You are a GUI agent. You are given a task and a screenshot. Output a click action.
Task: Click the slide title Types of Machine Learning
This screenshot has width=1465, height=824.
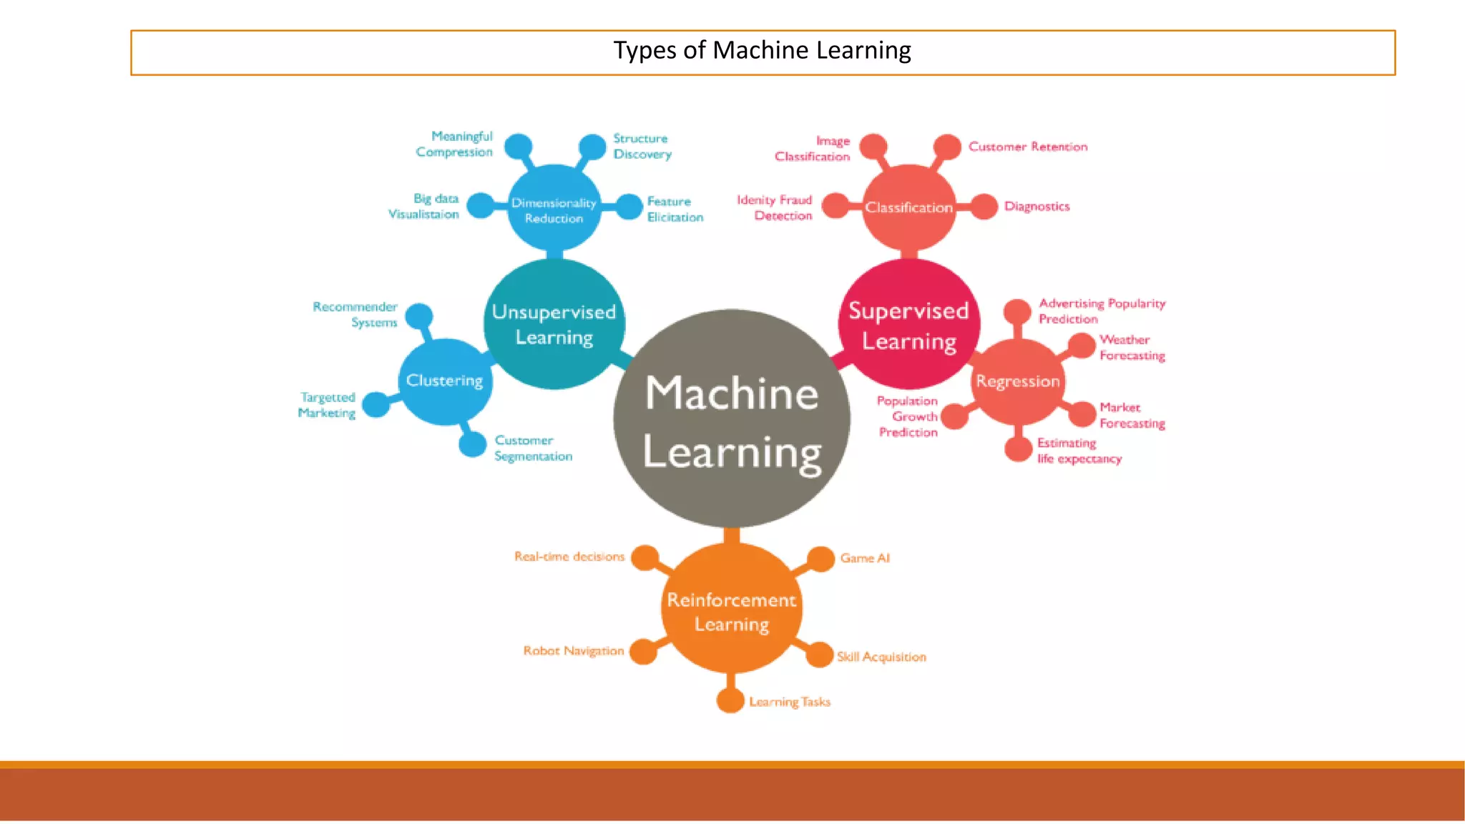tap(762, 51)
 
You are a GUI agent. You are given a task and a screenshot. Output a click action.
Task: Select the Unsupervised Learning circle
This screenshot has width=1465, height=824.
tap(554, 325)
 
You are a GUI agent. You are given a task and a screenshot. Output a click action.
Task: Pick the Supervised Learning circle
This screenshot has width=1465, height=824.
tap(908, 325)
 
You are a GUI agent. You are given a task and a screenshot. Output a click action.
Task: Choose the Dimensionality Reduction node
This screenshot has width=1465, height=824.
tap(554, 210)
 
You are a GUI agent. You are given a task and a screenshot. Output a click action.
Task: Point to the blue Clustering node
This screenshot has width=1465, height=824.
tap(444, 381)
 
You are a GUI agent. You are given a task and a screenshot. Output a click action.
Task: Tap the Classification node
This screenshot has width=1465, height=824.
tap(908, 207)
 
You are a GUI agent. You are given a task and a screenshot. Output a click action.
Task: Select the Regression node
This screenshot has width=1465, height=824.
tap(1017, 381)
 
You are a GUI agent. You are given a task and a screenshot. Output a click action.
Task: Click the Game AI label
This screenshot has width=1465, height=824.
tap(865, 558)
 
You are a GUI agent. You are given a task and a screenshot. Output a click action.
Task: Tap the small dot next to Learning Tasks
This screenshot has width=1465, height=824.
tap(730, 701)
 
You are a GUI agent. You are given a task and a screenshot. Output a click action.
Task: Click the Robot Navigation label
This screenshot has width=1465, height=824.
tap(573, 651)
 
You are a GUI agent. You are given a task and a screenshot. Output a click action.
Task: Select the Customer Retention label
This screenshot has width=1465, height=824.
tap(1027, 147)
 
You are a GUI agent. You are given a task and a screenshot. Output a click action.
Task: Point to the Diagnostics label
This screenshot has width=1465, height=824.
tap(1037, 207)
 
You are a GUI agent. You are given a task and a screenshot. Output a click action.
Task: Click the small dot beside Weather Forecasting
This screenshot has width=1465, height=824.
tap(1082, 346)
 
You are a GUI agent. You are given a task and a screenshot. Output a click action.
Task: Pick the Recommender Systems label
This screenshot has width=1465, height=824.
tap(356, 315)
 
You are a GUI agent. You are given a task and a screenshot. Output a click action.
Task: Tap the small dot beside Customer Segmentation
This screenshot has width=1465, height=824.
tap(472, 444)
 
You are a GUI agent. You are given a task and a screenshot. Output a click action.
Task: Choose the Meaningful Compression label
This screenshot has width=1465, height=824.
tap(455, 144)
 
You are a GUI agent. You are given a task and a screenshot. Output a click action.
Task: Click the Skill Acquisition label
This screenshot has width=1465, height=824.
tap(881, 657)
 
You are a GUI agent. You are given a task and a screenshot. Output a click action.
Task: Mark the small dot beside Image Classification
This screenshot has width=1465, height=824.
tap(873, 147)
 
